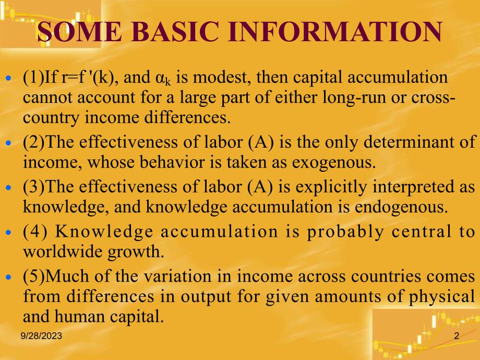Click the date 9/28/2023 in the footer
(x=41, y=336)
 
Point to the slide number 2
(x=457, y=336)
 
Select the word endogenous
(x=401, y=207)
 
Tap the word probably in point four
(x=345, y=232)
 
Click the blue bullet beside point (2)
(x=8, y=142)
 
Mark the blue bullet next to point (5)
(x=8, y=277)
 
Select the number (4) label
(x=35, y=232)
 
